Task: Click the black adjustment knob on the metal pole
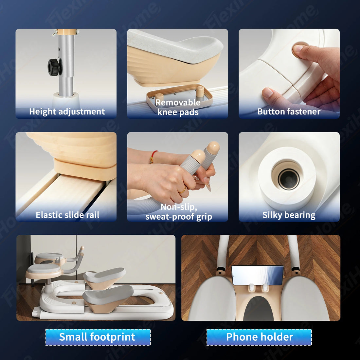[x=54, y=67]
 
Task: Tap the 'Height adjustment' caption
[x=67, y=112]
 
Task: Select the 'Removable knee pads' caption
[x=178, y=107]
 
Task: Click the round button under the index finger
[x=299, y=49]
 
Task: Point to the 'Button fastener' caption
[x=289, y=112]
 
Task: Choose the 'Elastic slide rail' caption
[x=67, y=215]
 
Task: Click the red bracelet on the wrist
[x=153, y=156]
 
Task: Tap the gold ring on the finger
[x=183, y=190]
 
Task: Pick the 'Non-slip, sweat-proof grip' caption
[x=179, y=212]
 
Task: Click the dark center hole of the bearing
[x=289, y=179]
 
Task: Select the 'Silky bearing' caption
[x=289, y=215]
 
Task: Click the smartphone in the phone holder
[x=258, y=275]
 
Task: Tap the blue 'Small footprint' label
[x=98, y=337]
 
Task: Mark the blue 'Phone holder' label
[x=259, y=337]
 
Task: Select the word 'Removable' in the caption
[x=178, y=102]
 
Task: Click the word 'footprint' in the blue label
[x=113, y=337]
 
